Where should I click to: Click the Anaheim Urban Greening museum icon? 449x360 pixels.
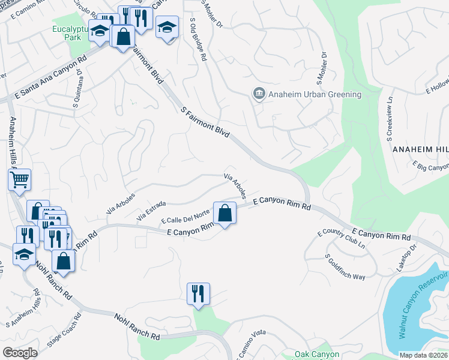coord(259,94)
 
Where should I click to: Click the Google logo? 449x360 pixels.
coord(20,353)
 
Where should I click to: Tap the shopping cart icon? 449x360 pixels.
coord(19,179)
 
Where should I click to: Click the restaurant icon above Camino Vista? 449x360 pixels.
coord(198,293)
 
